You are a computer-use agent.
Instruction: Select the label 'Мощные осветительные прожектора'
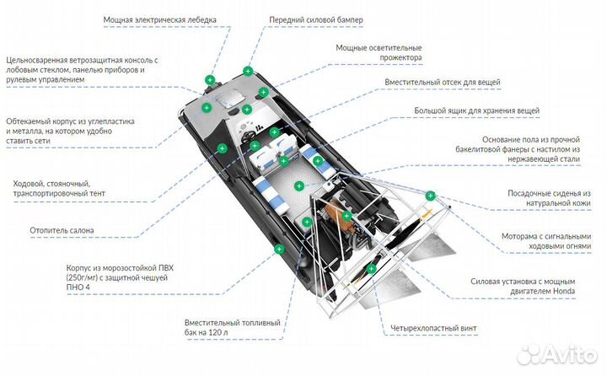click(x=379, y=52)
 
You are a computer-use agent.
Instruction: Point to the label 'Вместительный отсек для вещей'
click(x=442, y=83)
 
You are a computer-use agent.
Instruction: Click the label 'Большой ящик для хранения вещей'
click(x=476, y=110)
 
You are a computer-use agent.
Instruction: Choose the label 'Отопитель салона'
click(x=62, y=229)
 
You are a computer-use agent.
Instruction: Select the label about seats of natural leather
click(x=548, y=198)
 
